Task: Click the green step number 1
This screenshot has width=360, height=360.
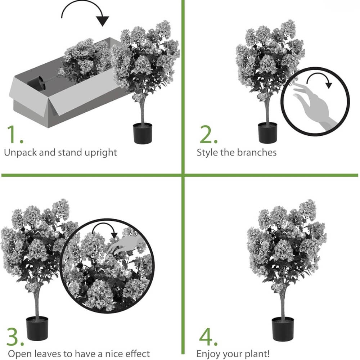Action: (14, 134)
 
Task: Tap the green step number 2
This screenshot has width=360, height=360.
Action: (208, 134)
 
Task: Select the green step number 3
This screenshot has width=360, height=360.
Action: (15, 337)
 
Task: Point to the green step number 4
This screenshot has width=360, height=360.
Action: (208, 337)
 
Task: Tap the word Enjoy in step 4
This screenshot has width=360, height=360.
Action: (208, 354)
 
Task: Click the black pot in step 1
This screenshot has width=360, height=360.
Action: (143, 134)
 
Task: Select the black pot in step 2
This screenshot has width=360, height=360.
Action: (267, 133)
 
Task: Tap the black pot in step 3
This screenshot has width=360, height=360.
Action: (37, 328)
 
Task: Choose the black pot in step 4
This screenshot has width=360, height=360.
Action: (283, 329)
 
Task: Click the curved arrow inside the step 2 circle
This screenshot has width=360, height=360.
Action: (318, 74)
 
